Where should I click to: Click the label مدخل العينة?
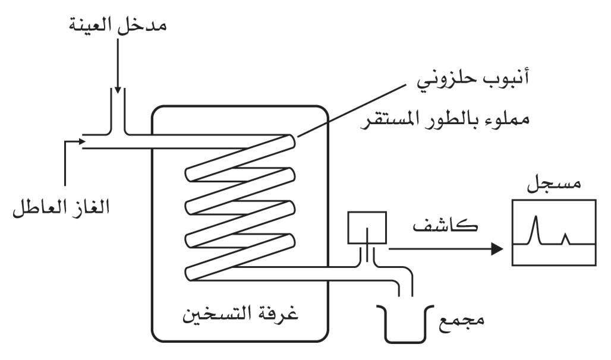[118, 26]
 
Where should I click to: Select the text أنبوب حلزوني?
[473, 80]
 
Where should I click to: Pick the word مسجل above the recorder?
[554, 182]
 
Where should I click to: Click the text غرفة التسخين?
[241, 313]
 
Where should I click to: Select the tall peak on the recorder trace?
[536, 230]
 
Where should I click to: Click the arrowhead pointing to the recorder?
[497, 248]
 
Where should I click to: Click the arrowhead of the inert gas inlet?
[82, 141]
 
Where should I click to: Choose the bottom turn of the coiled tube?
[240, 257]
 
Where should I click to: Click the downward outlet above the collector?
[405, 288]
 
